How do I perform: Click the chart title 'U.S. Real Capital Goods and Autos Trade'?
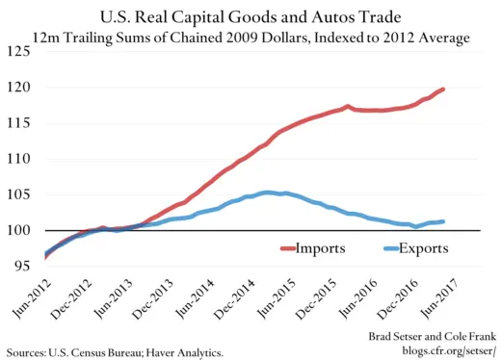click(x=250, y=17)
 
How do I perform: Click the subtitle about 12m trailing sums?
click(x=250, y=38)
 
